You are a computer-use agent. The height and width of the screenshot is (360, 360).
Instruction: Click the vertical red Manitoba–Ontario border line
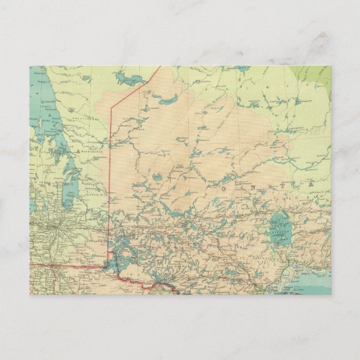(x=110, y=177)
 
